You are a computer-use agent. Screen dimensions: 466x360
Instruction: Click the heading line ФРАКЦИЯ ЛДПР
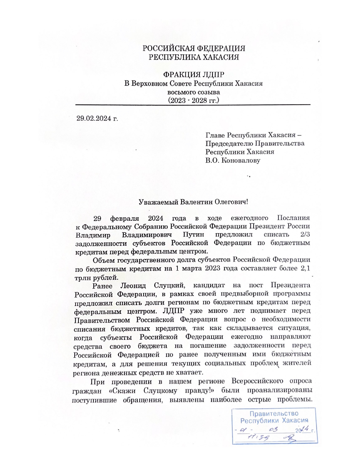(194, 75)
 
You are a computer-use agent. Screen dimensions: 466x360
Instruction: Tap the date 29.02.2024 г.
(97, 118)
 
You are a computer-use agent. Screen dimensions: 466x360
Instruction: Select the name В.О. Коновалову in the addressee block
(233, 160)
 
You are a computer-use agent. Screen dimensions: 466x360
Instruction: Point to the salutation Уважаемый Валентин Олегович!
(193, 202)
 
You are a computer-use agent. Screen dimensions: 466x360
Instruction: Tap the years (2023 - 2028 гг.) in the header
(194, 100)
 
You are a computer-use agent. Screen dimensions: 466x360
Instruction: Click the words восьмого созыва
(194, 92)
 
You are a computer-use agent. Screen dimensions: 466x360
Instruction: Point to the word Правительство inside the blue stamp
(274, 414)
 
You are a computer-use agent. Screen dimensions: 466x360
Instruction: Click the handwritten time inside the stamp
(258, 437)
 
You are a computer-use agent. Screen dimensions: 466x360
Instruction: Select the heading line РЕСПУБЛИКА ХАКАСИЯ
(194, 57)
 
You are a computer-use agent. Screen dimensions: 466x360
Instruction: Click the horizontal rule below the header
(193, 105)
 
